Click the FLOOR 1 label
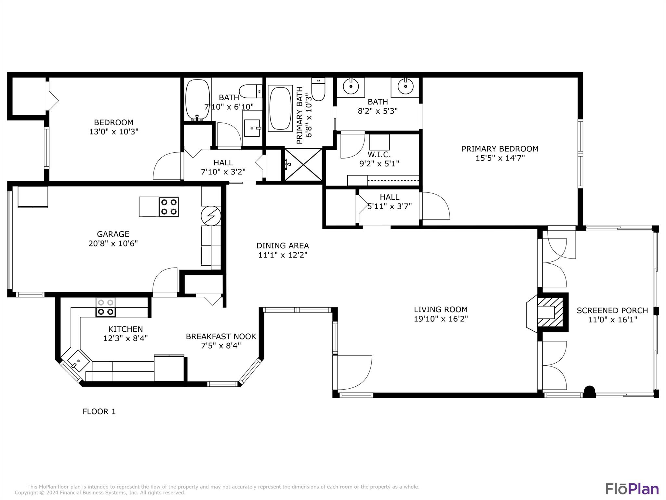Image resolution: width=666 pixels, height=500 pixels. (99, 411)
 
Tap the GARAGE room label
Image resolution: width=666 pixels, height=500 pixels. (113, 234)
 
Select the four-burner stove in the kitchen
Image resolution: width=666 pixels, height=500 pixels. (106, 307)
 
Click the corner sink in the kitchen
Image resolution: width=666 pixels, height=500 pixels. (78, 361)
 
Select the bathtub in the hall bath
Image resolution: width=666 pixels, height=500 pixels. (197, 100)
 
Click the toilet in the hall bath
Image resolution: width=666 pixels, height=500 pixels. (251, 91)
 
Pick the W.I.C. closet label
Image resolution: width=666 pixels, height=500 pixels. (379, 154)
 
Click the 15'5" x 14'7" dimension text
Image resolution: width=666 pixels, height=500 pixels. (500, 158)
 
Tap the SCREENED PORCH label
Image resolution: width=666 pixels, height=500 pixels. (612, 311)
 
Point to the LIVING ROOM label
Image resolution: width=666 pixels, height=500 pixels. (441, 310)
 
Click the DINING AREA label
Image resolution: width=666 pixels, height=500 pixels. (283, 246)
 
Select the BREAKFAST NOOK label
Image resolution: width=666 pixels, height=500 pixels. (221, 337)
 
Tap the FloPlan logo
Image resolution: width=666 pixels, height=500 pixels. (632, 489)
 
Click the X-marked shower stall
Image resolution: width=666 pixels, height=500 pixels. (303, 164)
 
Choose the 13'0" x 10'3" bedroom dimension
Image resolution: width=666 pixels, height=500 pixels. (114, 132)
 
